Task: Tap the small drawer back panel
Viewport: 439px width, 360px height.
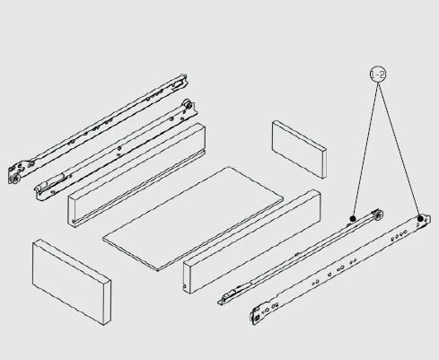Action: click(299, 148)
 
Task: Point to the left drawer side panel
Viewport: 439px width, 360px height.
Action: click(135, 172)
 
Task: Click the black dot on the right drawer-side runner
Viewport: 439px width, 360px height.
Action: click(355, 216)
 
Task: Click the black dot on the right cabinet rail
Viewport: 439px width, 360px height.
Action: click(419, 218)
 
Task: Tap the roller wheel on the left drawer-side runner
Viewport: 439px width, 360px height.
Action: click(187, 108)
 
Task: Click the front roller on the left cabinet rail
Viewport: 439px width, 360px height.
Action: click(16, 179)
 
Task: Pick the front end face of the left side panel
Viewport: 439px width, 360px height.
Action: click(75, 209)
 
